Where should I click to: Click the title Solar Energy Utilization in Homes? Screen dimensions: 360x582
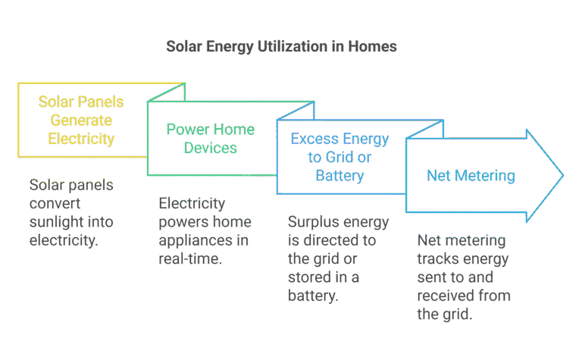[281, 47]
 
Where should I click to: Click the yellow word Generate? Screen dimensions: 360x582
[81, 121]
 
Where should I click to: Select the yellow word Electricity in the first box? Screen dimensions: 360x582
[81, 139]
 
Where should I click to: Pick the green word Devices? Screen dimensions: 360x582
[211, 148]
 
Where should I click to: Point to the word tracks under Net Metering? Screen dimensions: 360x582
[436, 258]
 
